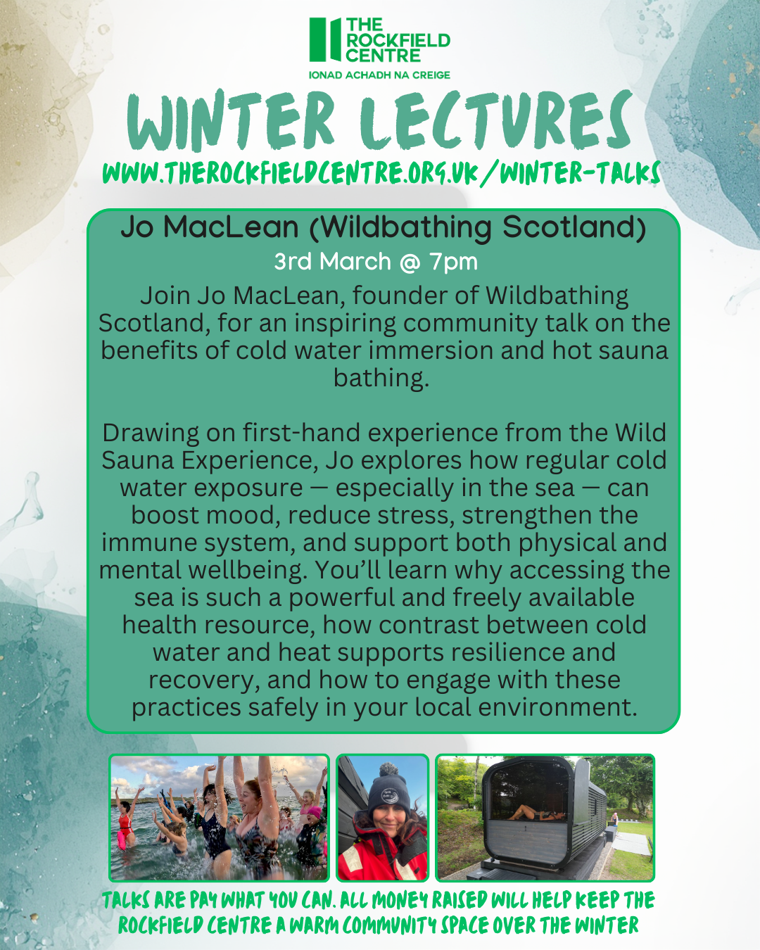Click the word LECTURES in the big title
[x=495, y=121]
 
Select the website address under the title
[x=381, y=172]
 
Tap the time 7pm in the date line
[x=454, y=262]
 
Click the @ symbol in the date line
[x=410, y=262]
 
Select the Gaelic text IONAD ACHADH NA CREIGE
[x=379, y=75]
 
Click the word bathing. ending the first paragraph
[x=381, y=378]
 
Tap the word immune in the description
[x=139, y=543]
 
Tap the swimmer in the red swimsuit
[x=125, y=824]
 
